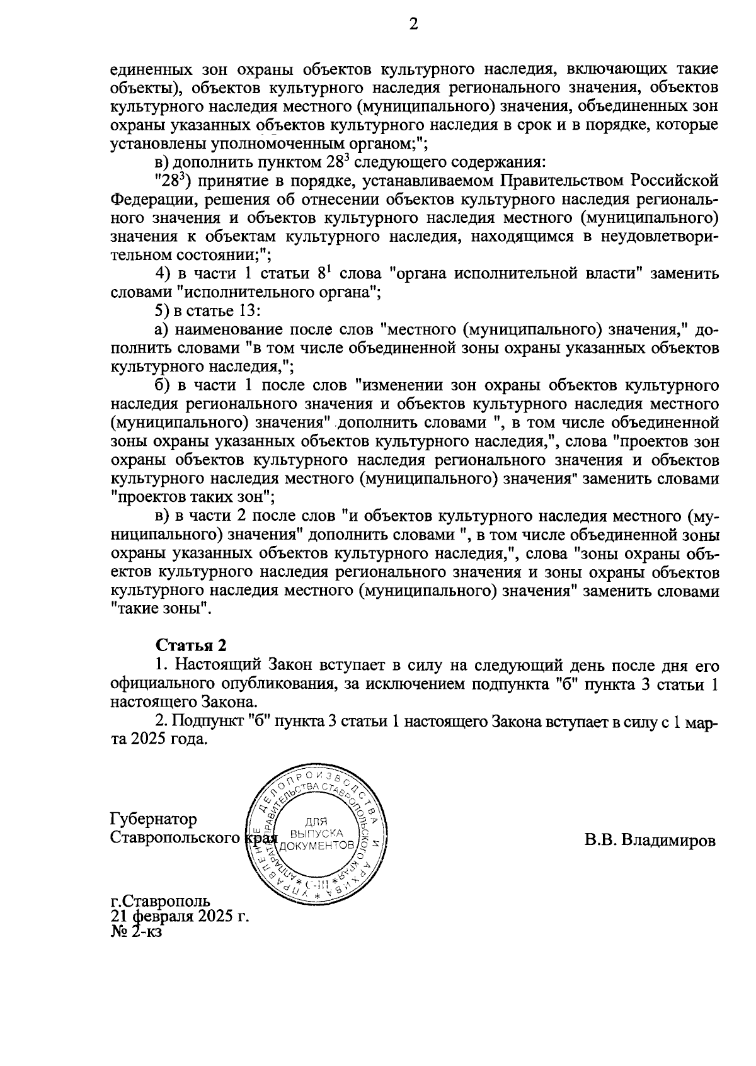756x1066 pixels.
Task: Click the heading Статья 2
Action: (190, 645)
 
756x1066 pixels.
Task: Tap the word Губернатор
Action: (153, 819)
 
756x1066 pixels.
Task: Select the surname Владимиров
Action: (669, 840)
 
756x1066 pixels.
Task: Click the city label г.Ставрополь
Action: (160, 902)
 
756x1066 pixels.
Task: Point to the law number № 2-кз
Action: (135, 932)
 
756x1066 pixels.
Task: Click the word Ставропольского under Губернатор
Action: (175, 838)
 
